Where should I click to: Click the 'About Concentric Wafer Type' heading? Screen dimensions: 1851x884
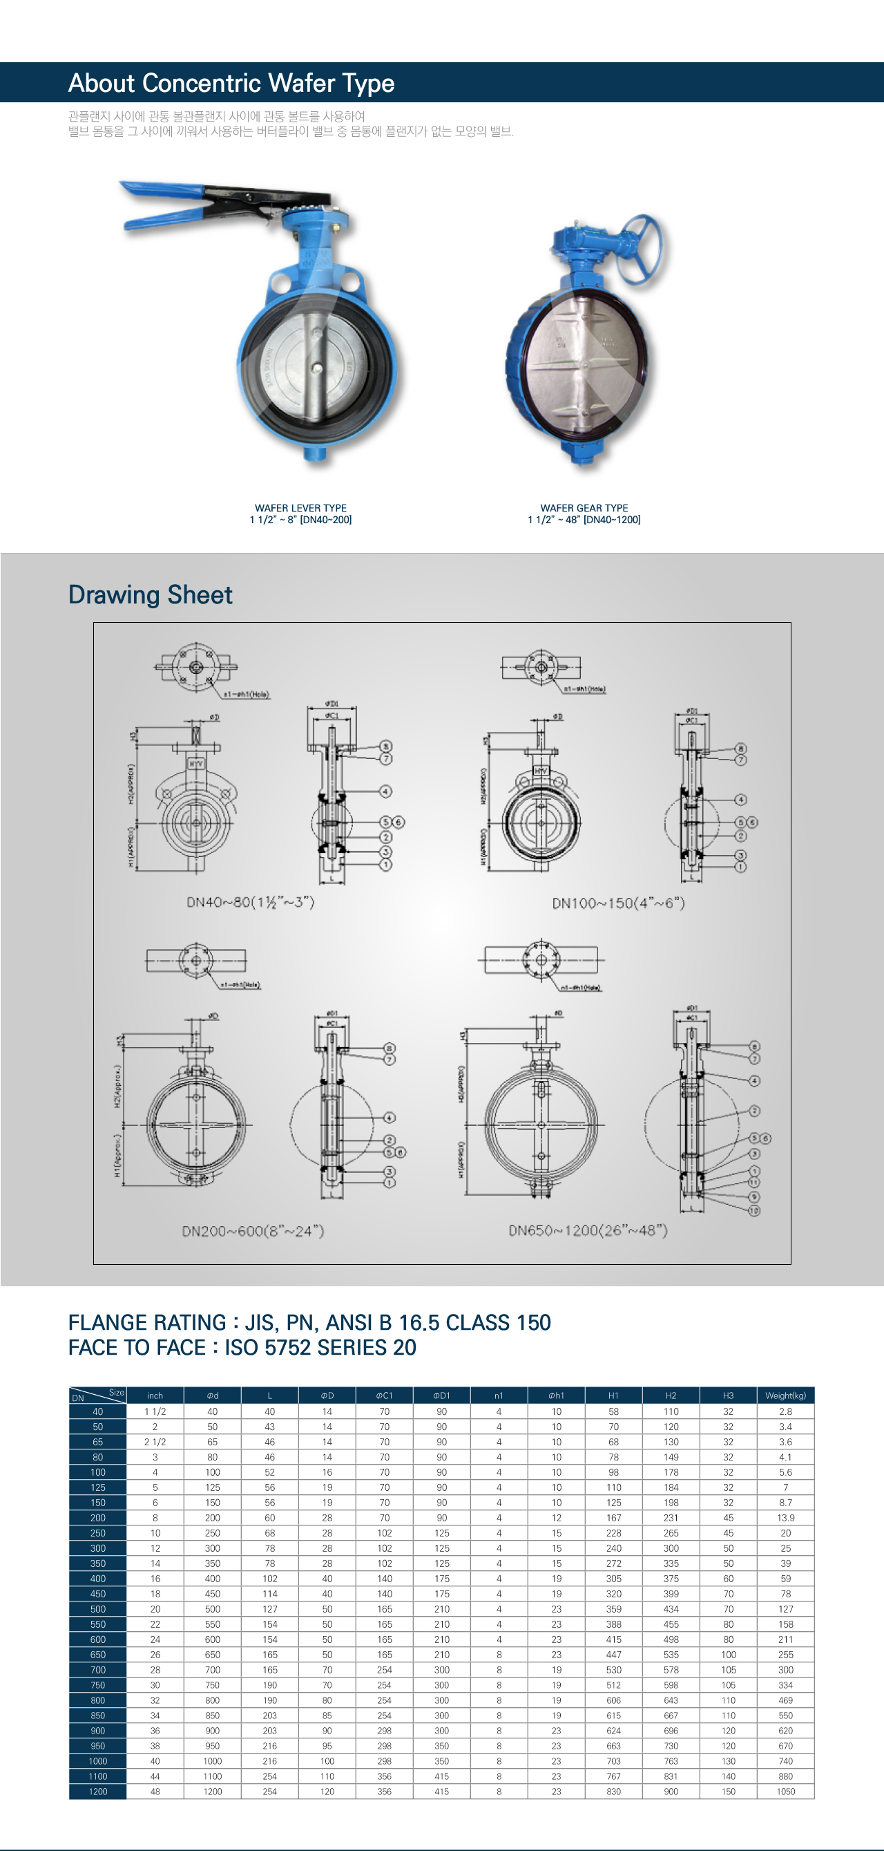point(231,83)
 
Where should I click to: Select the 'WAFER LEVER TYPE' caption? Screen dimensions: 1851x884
point(300,507)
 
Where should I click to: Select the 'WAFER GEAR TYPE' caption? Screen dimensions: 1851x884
point(584,507)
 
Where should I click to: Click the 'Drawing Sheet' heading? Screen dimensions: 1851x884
point(150,595)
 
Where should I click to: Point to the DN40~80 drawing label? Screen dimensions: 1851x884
point(250,902)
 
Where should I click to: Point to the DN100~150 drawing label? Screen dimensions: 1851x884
point(617,903)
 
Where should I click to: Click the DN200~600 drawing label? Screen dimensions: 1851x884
point(253,1231)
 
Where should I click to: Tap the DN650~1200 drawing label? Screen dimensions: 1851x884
point(588,1230)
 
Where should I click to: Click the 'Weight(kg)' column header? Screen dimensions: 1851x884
point(785,1396)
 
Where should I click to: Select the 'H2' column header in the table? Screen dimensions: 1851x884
point(671,1396)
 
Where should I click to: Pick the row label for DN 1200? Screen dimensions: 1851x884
point(97,1792)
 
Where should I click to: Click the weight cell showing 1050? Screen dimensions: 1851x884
point(786,1792)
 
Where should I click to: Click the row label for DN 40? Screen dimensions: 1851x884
point(97,1411)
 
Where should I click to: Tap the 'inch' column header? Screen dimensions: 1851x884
point(155,1396)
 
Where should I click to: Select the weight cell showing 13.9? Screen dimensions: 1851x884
point(786,1518)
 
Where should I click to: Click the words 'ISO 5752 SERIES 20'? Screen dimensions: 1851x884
point(320,1347)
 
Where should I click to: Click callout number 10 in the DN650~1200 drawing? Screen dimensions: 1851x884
point(754,1211)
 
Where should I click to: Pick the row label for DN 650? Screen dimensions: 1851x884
point(97,1654)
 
